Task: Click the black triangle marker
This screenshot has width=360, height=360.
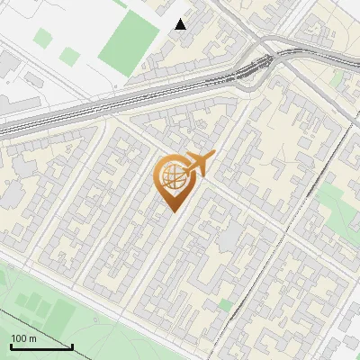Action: click(x=181, y=24)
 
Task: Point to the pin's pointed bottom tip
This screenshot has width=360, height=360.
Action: click(x=172, y=211)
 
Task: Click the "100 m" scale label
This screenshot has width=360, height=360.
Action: click(x=23, y=338)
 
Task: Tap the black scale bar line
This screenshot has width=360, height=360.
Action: click(x=41, y=346)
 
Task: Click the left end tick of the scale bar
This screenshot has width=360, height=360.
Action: click(x=11, y=345)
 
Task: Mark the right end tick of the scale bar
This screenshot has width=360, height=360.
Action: click(x=72, y=345)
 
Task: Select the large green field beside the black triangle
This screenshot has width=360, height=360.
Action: click(x=129, y=40)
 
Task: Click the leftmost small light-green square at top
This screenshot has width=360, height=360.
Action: click(x=43, y=38)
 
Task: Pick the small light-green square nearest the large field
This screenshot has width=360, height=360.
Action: click(x=70, y=56)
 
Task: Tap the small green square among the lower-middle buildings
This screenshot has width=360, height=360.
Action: click(x=224, y=306)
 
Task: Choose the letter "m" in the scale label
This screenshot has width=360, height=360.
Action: click(x=31, y=338)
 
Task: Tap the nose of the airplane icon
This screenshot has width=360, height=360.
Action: click(x=213, y=157)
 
